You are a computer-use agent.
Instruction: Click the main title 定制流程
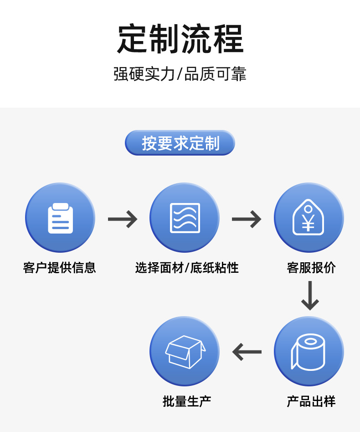[x=180, y=39]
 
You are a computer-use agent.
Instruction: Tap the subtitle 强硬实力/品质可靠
[x=180, y=74]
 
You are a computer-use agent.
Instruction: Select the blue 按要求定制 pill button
[x=180, y=143]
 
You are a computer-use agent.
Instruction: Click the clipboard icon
[x=60, y=218]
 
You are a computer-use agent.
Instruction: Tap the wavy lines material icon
[x=185, y=218]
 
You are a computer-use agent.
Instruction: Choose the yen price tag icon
[x=309, y=218]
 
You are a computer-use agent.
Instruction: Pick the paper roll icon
[x=309, y=352]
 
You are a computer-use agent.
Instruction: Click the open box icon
[x=185, y=352]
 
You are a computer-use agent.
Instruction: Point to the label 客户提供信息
[x=60, y=267]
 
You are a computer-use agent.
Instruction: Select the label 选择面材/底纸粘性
[x=187, y=267]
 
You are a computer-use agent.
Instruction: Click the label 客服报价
[x=311, y=267]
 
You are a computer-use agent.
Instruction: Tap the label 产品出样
[x=311, y=401]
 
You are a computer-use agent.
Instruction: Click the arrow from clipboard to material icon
[x=123, y=219]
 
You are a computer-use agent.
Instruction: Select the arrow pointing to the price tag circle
[x=247, y=219]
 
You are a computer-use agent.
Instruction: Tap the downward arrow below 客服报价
[x=310, y=296]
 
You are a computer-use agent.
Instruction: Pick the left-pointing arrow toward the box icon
[x=247, y=352]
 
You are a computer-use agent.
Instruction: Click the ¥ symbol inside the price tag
[x=309, y=223]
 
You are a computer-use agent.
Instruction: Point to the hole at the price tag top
[x=309, y=208]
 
